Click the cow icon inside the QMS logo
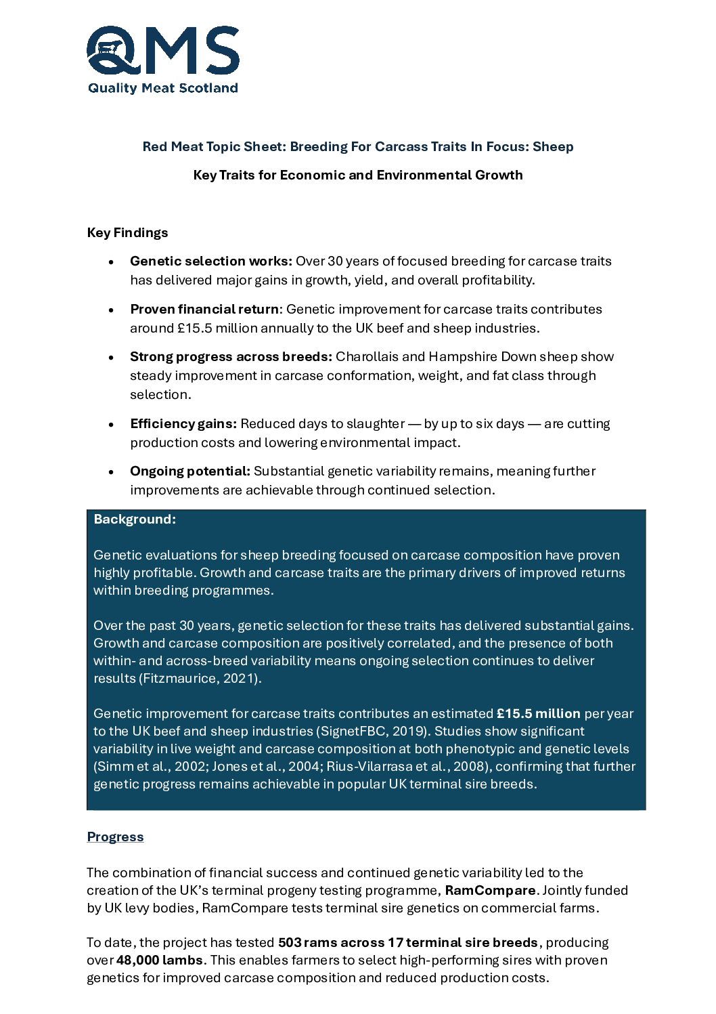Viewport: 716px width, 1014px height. click(108, 47)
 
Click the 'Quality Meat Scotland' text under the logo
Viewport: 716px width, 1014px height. click(163, 88)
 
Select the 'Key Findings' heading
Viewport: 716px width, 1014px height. click(127, 233)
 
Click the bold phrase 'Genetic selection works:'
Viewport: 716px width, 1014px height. click(211, 261)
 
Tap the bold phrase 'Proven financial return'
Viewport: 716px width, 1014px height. click(204, 310)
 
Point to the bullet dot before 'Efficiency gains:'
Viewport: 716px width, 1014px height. click(111, 425)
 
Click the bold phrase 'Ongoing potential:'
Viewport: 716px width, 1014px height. click(190, 471)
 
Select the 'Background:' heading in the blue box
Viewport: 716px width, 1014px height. click(135, 520)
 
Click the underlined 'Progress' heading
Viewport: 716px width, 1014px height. click(115, 837)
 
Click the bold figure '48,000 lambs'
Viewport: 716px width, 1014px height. click(160, 960)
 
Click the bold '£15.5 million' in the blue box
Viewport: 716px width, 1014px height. click(539, 714)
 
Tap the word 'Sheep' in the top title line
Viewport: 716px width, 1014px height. click(553, 147)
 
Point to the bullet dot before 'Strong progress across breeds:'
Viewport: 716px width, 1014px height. click(111, 358)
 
